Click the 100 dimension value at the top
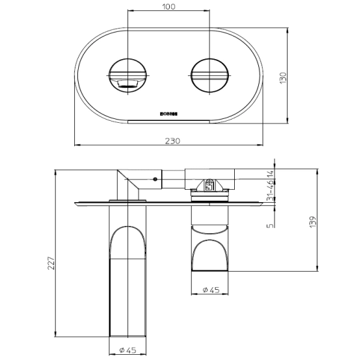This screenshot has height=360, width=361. [x=170, y=7]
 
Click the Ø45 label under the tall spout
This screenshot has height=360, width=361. [x=127, y=351]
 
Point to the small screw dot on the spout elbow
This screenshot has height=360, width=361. [x=155, y=177]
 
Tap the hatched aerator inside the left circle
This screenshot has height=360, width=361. [x=129, y=83]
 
